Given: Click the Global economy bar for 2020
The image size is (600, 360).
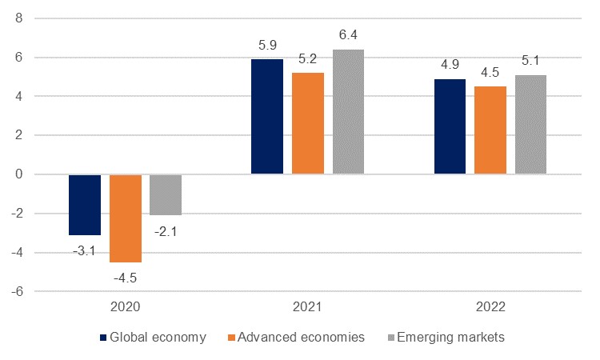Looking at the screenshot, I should [85, 204].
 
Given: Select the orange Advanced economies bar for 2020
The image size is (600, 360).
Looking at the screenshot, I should [126, 218].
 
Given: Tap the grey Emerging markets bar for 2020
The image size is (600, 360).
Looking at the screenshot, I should [166, 194].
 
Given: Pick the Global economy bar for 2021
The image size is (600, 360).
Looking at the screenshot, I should [267, 116].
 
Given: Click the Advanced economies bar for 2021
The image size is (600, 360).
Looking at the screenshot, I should [308, 123].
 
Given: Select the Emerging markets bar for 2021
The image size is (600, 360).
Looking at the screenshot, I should [349, 111].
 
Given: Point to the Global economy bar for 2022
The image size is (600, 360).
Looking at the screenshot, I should [450, 126].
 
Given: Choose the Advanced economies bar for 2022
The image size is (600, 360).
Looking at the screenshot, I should [490, 130].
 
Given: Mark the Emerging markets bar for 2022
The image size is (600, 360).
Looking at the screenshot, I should [531, 124].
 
